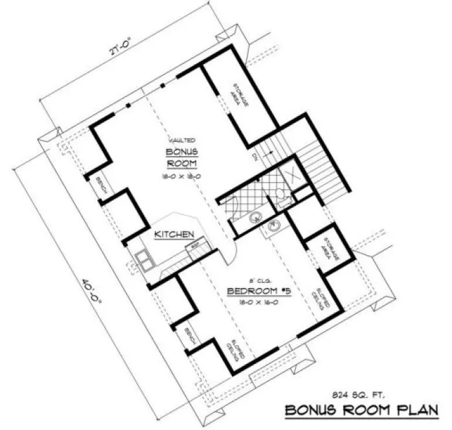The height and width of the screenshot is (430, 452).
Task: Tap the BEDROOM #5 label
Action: (258, 292)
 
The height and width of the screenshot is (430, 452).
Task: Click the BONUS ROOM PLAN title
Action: (363, 409)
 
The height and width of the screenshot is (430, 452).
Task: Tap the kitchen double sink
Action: (144, 260)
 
